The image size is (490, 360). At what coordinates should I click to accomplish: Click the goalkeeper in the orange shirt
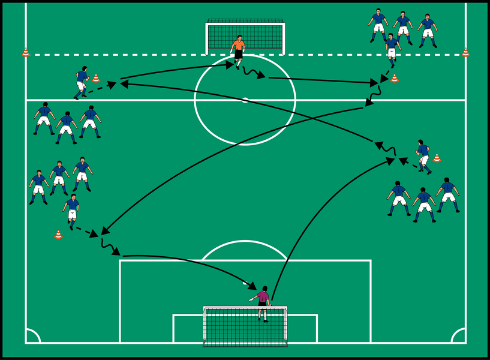click(x=238, y=48)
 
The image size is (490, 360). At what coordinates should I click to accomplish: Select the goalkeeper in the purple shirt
click(x=262, y=302)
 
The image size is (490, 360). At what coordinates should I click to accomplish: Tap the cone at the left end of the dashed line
click(x=26, y=52)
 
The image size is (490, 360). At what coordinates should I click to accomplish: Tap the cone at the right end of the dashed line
click(x=465, y=52)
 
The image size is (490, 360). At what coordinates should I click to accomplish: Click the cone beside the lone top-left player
click(x=96, y=78)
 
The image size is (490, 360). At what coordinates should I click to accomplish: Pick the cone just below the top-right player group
click(x=394, y=78)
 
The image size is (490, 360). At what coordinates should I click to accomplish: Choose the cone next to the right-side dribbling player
click(x=437, y=158)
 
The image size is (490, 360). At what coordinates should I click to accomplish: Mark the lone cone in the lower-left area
click(x=58, y=234)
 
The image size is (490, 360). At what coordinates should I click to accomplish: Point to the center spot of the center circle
click(x=245, y=100)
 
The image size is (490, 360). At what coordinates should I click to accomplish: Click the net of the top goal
click(x=245, y=37)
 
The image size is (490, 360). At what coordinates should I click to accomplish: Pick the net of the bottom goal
click(x=245, y=327)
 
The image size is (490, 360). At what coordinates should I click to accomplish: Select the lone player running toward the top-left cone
click(x=82, y=82)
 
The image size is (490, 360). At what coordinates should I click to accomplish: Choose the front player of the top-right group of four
click(x=392, y=49)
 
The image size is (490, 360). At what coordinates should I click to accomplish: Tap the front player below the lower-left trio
click(x=72, y=210)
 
